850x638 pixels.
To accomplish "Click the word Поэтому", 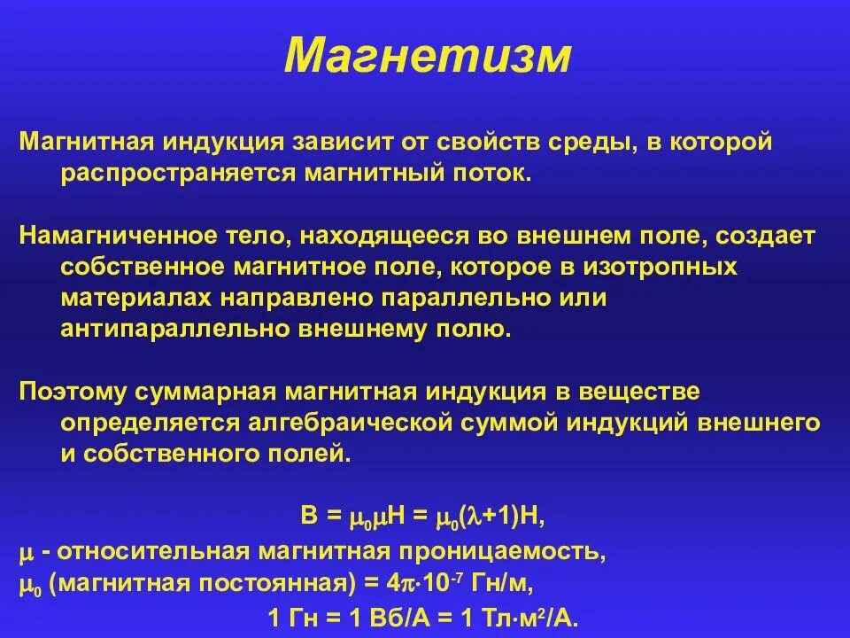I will [x=71, y=393].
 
